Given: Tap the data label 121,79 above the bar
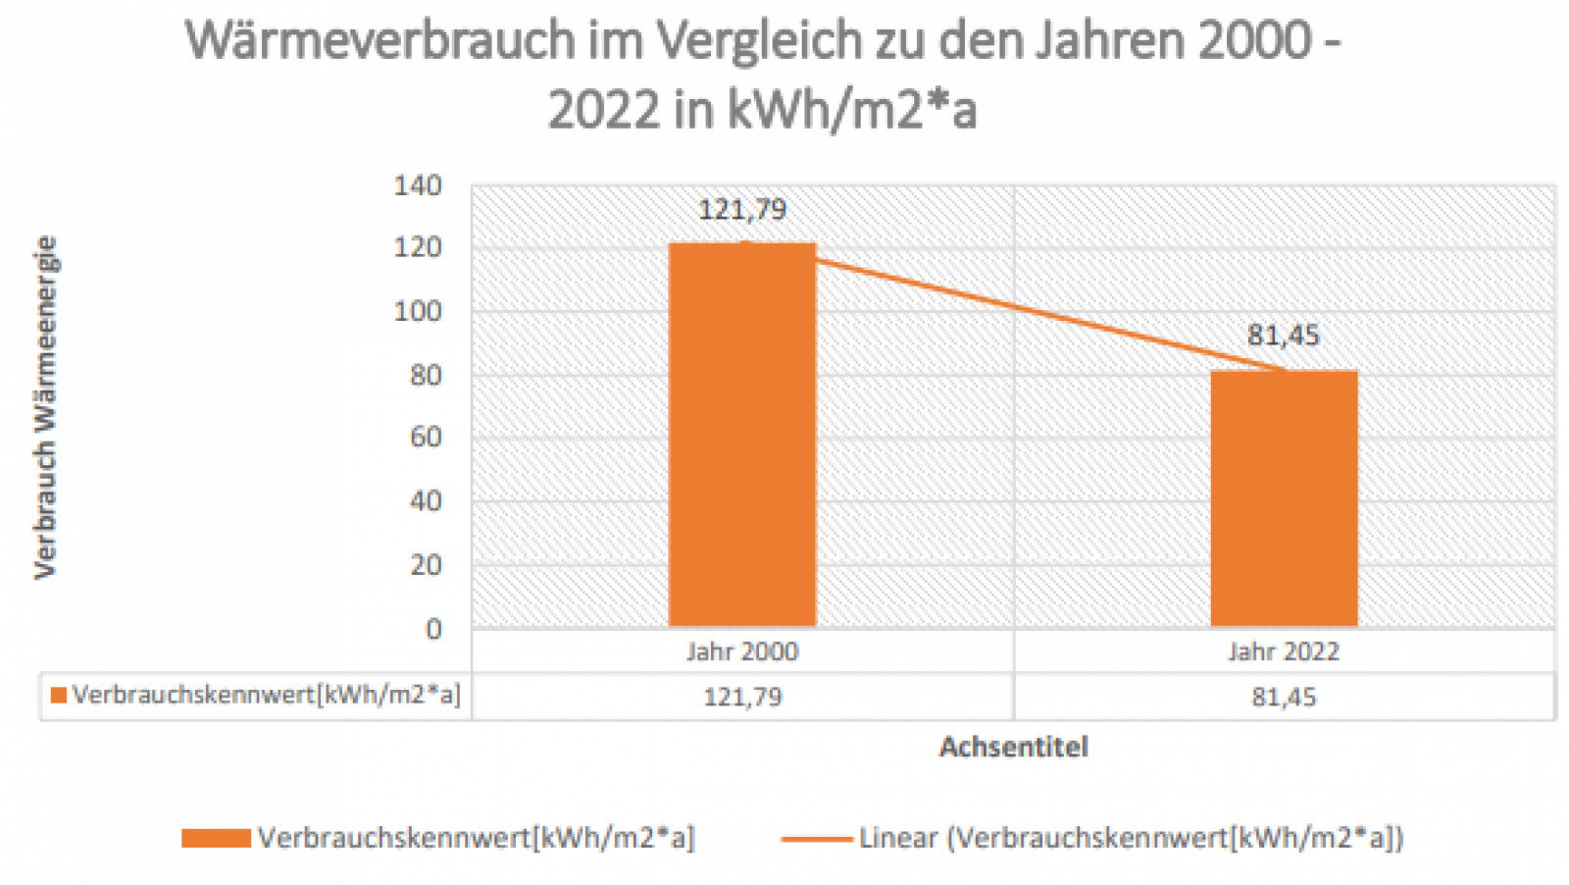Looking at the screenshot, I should click(x=742, y=209).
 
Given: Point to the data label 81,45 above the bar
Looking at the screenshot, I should click(x=1284, y=336).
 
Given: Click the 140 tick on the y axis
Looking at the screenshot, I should click(x=418, y=185).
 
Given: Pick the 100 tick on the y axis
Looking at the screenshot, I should click(x=418, y=311).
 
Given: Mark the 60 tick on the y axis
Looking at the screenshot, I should click(x=426, y=437).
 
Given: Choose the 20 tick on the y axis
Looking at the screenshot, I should click(x=426, y=564).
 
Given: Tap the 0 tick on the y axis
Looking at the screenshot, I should click(x=433, y=629).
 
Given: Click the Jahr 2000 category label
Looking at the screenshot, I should click(x=742, y=651).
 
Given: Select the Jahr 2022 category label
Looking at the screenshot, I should click(x=1284, y=651).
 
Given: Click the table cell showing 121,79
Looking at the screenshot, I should click(x=742, y=697).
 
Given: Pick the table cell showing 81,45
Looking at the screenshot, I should click(x=1284, y=697).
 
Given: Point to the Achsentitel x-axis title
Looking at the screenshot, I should click(x=1014, y=747).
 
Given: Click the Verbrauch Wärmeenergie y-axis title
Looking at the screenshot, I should click(x=46, y=407).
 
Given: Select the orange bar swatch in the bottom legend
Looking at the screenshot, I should click(x=216, y=838).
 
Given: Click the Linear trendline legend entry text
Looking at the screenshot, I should click(x=1131, y=838).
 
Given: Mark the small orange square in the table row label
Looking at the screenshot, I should click(x=59, y=696).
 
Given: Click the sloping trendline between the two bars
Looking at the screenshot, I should click(x=1013, y=307).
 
